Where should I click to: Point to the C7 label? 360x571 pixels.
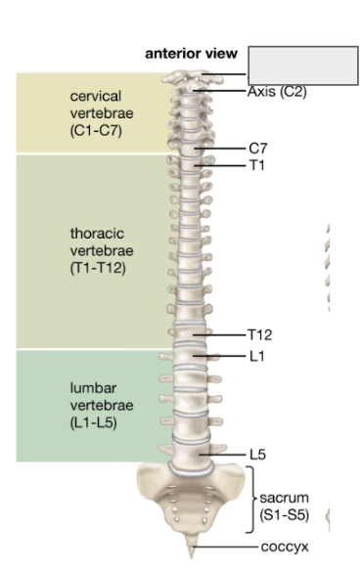tap(258, 149)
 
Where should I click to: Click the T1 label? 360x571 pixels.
tap(256, 165)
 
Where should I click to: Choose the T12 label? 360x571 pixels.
tap(259, 335)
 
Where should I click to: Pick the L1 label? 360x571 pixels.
tap(256, 356)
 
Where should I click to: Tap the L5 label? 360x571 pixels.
tap(257, 455)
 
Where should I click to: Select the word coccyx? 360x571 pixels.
tap(284, 547)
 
